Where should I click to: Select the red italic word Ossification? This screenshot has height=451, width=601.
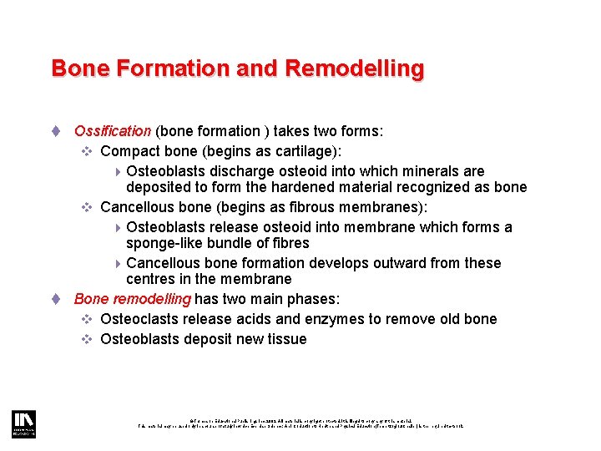click(x=113, y=131)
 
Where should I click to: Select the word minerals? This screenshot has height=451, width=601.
click(x=426, y=171)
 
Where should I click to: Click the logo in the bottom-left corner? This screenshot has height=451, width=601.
click(x=22, y=423)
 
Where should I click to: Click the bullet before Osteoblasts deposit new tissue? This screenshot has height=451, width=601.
click(x=87, y=339)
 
